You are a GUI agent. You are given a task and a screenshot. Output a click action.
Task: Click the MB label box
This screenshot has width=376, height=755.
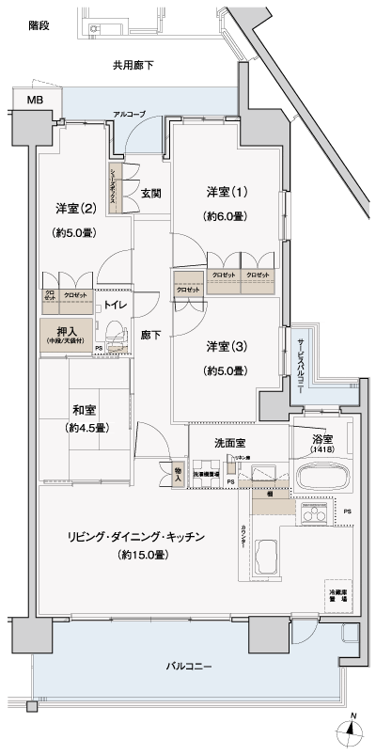tap(34, 100)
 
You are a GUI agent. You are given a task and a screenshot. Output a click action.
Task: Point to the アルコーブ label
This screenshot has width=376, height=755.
tap(129, 114)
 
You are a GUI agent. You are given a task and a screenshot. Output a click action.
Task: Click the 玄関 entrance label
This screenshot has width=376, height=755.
tap(151, 194)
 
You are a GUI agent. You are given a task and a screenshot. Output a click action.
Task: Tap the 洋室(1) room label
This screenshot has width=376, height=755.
tap(227, 192)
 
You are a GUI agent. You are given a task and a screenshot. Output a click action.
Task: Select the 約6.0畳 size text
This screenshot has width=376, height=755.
tap(227, 215)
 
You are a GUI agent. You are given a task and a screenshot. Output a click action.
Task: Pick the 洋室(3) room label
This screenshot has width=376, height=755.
tap(227, 346)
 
